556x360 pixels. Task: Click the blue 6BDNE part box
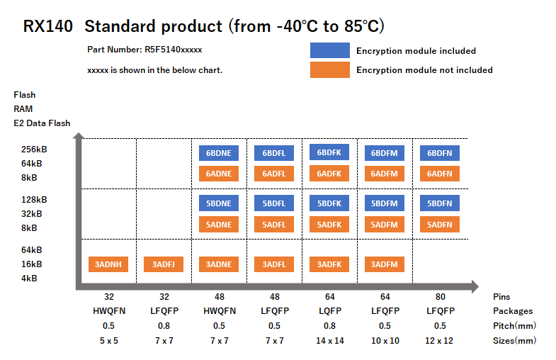point(219,153)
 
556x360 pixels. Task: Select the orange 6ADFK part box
point(329,173)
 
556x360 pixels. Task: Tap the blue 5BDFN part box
point(440,203)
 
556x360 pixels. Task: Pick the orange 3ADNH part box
point(108,264)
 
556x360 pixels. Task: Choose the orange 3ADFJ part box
point(164,264)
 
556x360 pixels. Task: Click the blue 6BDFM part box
point(385,153)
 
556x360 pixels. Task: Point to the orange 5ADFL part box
point(273,224)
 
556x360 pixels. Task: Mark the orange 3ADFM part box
point(385,264)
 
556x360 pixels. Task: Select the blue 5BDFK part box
point(329,203)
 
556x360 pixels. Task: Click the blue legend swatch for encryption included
point(329,50)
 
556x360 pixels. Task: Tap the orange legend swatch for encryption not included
point(329,69)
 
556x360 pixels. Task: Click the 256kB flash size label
point(33,150)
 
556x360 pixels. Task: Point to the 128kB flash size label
point(33,200)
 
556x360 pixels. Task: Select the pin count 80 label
point(440,297)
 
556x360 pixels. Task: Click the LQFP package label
point(329,311)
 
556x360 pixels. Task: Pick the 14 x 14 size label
point(329,340)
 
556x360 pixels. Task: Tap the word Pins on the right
point(501,297)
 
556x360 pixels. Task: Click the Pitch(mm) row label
point(514,325)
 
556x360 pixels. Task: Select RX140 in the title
point(47,27)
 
